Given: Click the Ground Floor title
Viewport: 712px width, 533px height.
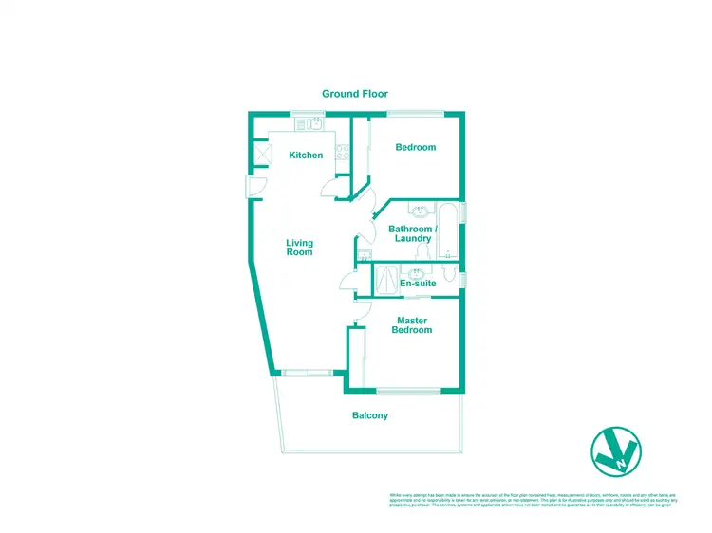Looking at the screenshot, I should tap(355, 94).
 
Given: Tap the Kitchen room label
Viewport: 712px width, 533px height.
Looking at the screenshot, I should tap(306, 156).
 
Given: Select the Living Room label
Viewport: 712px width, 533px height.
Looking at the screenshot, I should tap(300, 248).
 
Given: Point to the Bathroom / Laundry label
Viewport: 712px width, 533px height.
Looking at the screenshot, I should tap(414, 234).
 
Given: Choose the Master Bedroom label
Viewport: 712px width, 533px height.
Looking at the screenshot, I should tap(414, 325).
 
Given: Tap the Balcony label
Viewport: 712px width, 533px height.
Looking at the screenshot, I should tap(370, 415).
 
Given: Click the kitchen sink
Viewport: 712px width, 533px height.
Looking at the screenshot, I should tap(313, 125).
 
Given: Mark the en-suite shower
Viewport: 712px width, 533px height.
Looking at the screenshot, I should tap(386, 279).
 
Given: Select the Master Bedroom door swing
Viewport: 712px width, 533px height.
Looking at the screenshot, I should tap(361, 311).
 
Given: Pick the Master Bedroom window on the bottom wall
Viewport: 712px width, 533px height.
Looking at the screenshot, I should tap(407, 390).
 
